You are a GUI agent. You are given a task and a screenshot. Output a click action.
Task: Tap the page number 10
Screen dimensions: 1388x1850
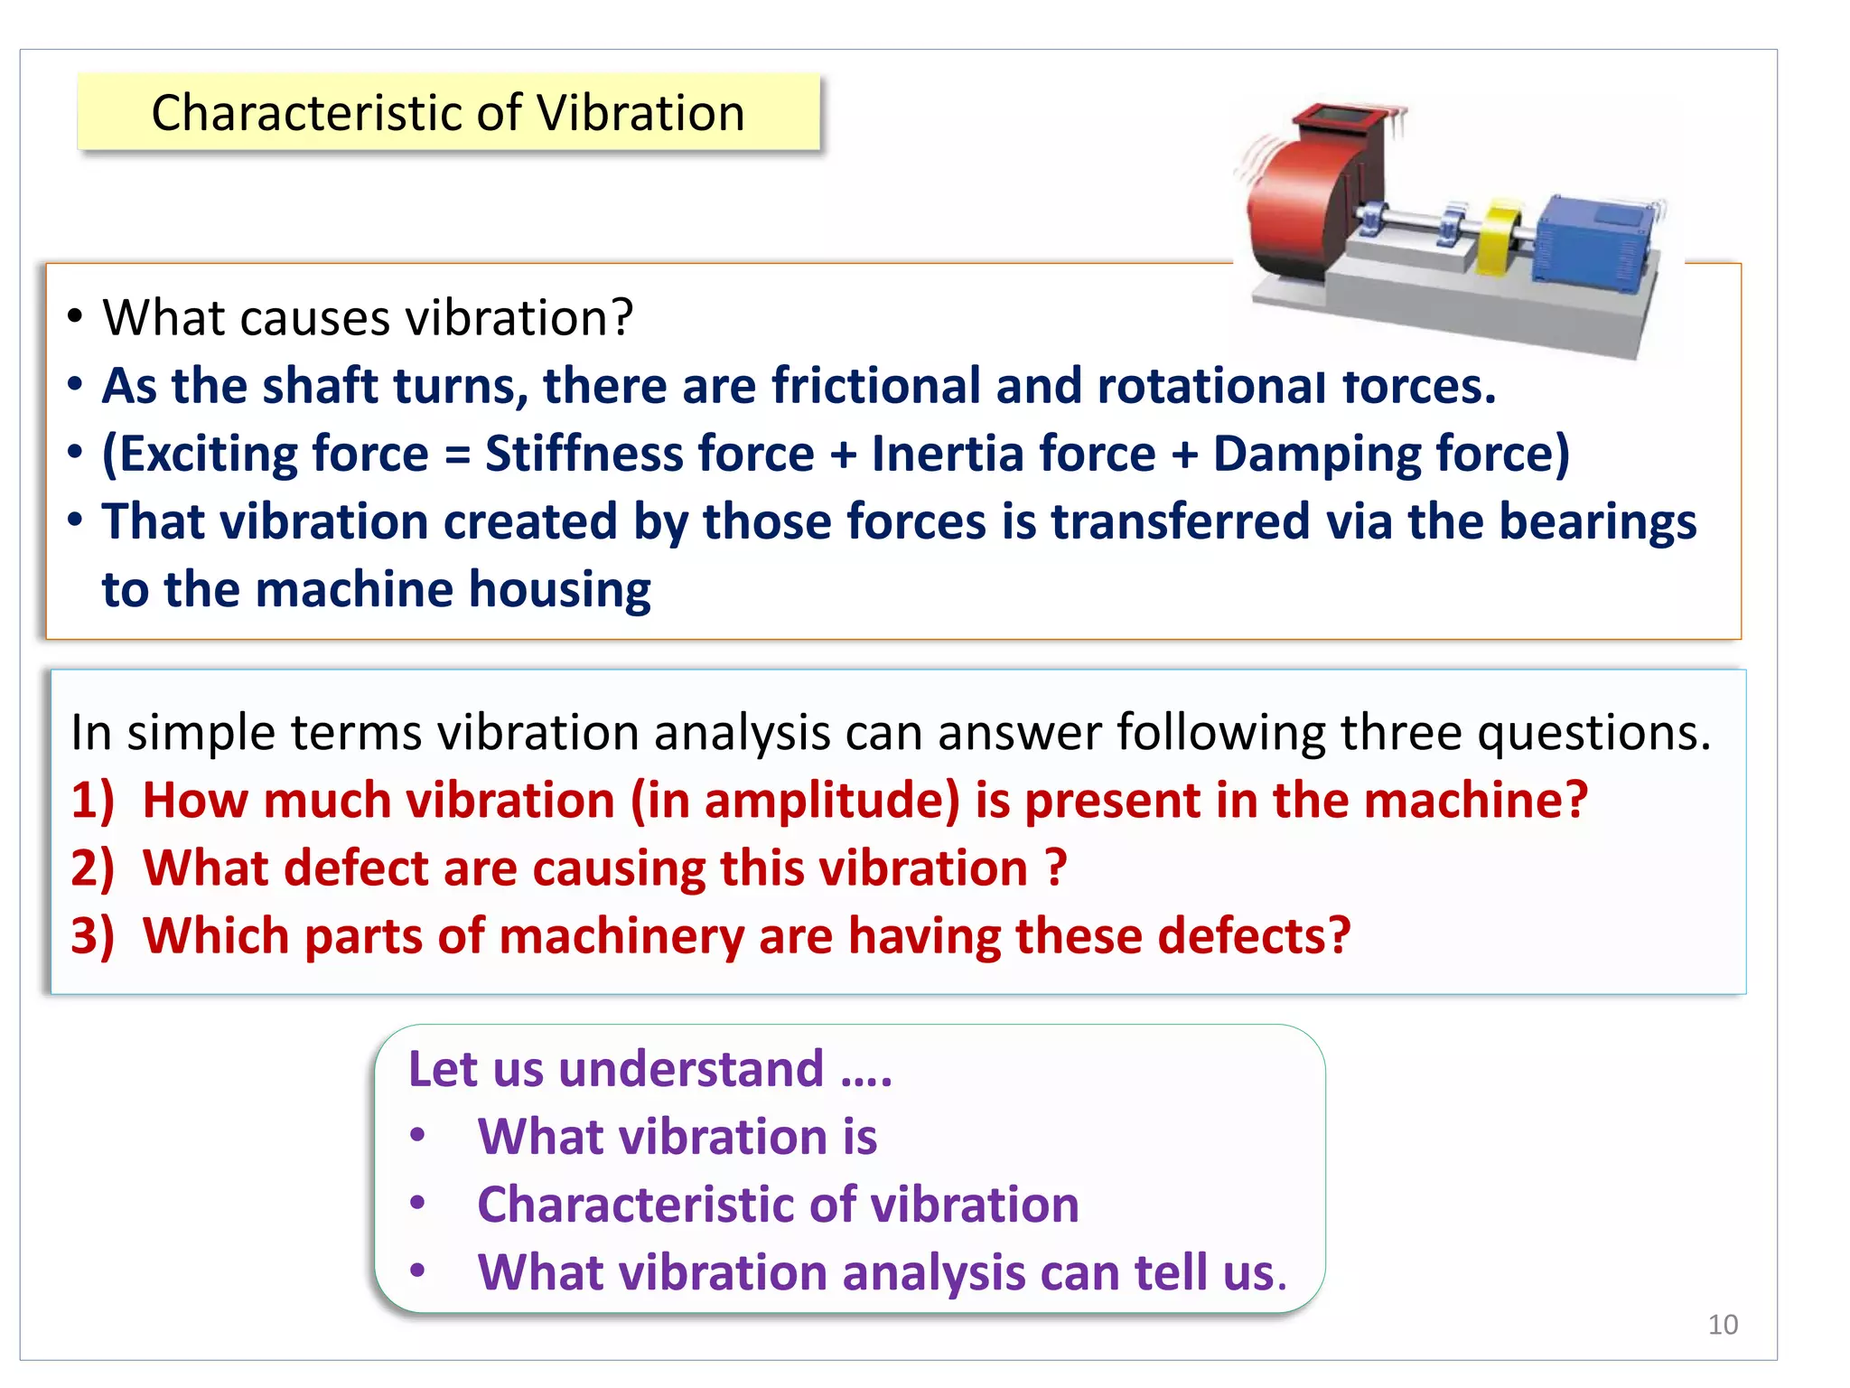click(x=1723, y=1325)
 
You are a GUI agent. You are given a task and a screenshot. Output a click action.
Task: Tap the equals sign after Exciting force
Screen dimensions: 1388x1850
click(x=457, y=455)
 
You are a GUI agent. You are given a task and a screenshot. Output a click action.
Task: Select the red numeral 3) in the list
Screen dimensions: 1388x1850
click(x=93, y=937)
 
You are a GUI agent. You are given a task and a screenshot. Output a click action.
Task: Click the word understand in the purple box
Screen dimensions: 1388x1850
click(x=691, y=1070)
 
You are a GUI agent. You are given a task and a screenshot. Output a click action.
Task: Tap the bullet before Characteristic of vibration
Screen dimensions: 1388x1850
click(x=417, y=1203)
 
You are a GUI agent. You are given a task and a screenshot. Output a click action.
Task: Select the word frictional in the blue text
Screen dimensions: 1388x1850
click(x=875, y=387)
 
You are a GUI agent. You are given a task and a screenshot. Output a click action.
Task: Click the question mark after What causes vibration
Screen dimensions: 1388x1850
click(x=621, y=318)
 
